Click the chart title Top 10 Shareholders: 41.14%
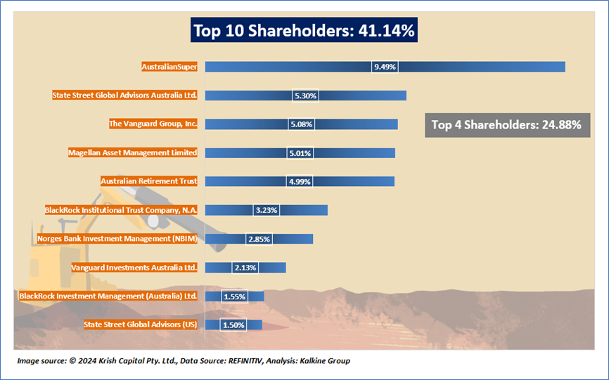click(304, 31)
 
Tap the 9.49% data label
click(385, 67)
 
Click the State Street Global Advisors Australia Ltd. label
click(124, 95)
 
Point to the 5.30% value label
click(306, 96)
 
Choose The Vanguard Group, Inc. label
click(153, 124)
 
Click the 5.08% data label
click(301, 124)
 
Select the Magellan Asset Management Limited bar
click(352, 152)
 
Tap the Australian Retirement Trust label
click(148, 181)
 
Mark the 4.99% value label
click(300, 181)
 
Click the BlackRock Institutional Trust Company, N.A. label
click(120, 209)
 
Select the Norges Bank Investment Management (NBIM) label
click(117, 238)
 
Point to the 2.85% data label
click(259, 239)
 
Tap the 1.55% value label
click(234, 296)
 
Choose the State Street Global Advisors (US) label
click(141, 325)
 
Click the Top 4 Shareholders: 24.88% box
click(506, 125)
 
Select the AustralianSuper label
click(169, 67)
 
